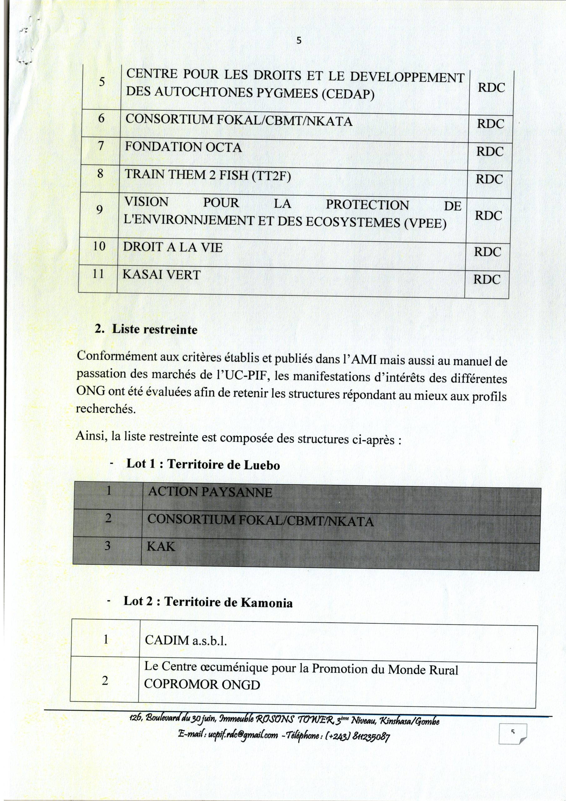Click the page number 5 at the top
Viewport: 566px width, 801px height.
tap(299, 41)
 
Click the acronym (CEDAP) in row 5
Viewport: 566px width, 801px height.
tap(348, 94)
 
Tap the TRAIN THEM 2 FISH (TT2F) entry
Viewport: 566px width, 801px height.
tap(208, 175)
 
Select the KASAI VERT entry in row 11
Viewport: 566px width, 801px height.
tap(161, 274)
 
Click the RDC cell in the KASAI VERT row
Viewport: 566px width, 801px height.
tap(487, 279)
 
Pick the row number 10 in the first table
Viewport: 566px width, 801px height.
tap(99, 246)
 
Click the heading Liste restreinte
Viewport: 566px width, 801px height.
tap(154, 330)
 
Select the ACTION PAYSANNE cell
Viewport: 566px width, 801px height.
tap(210, 492)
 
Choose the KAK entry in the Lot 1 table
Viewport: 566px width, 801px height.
tap(161, 546)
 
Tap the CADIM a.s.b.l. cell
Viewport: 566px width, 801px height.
tap(185, 640)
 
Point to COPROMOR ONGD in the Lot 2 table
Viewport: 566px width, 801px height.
tap(202, 685)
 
